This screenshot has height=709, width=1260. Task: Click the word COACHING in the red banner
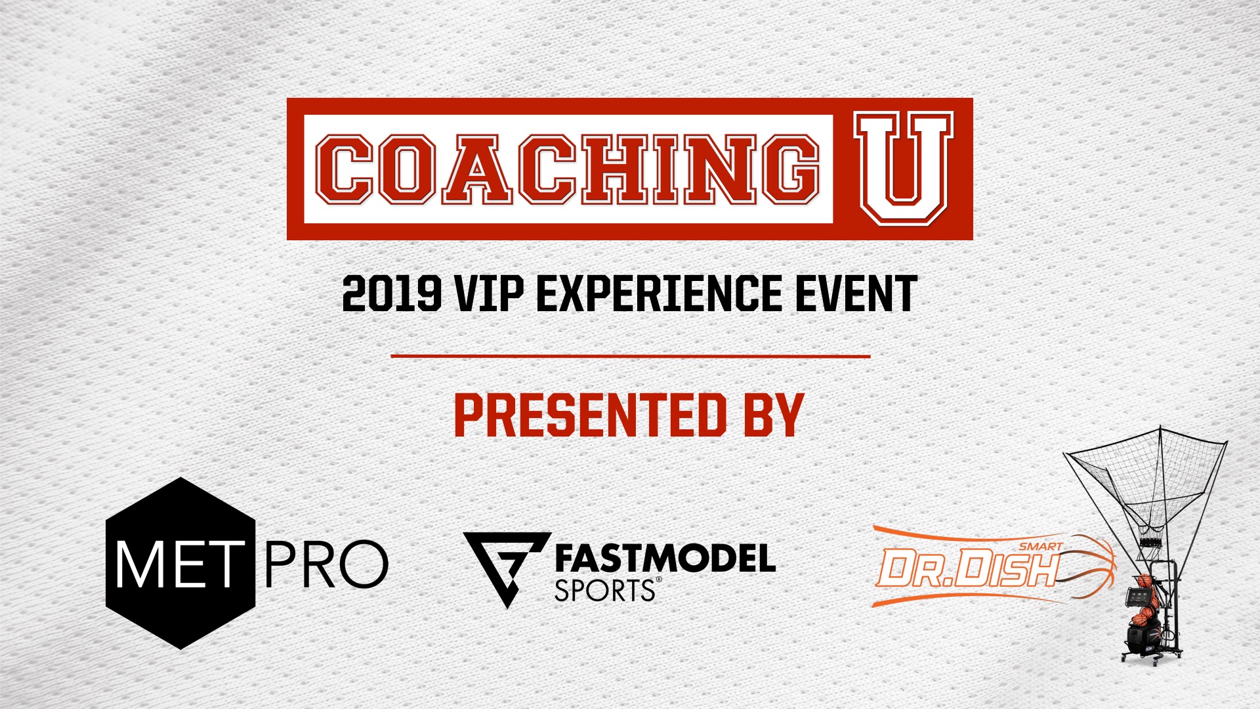[x=568, y=169]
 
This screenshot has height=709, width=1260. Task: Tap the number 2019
[x=392, y=293]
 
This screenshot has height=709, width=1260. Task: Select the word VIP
[x=490, y=293]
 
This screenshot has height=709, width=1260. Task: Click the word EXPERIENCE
[x=659, y=293]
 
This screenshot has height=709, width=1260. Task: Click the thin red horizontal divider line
[x=630, y=356]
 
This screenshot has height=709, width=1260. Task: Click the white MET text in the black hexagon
[x=176, y=565]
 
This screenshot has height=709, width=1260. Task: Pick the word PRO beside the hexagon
[x=326, y=565]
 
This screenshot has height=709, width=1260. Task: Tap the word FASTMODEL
[x=665, y=559]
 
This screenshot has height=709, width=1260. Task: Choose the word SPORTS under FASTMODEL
[x=604, y=591]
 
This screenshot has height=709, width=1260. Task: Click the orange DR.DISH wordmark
[x=969, y=568]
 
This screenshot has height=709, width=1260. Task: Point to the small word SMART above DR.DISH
[x=1041, y=546]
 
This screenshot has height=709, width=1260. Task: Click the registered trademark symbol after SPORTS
[x=659, y=580]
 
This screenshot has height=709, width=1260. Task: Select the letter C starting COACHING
[x=345, y=169]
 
